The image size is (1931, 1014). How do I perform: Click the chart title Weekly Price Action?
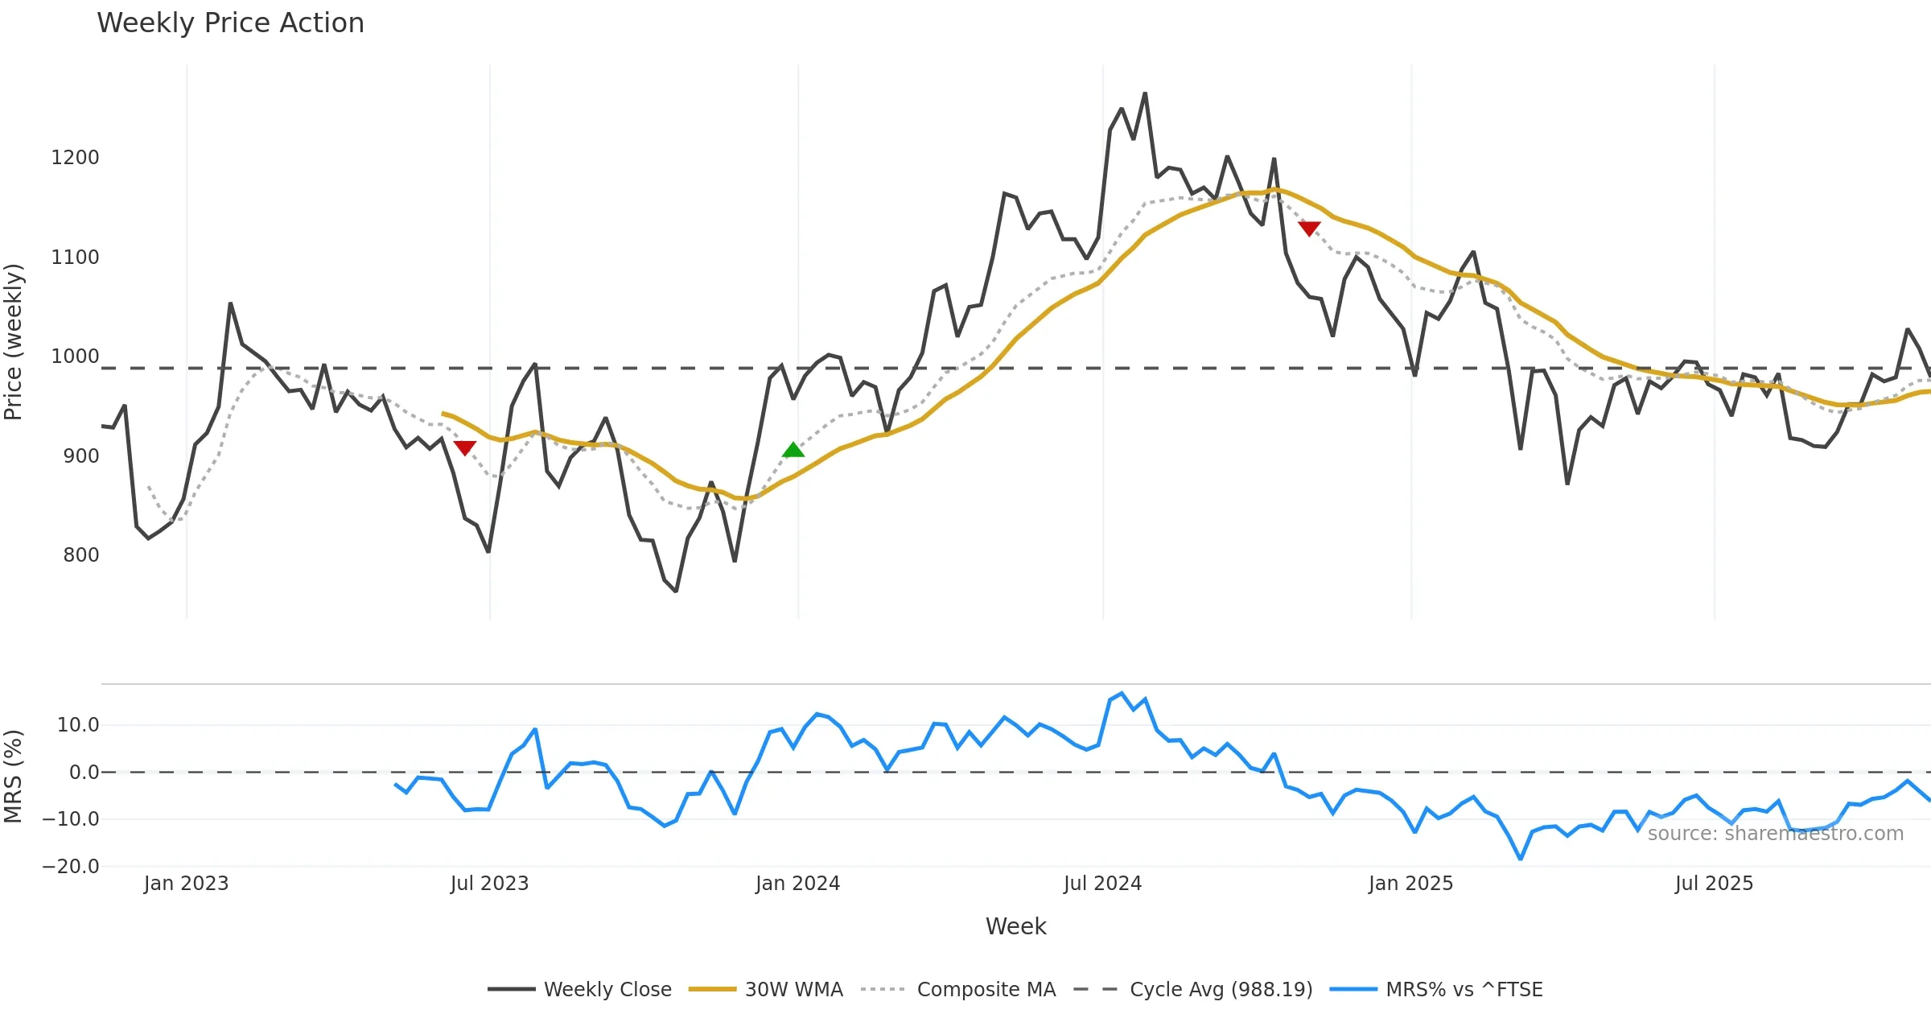[230, 23]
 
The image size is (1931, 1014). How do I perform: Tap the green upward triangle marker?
[793, 450]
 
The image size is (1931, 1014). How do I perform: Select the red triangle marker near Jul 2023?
[465, 447]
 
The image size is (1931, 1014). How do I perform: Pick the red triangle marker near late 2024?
[1309, 229]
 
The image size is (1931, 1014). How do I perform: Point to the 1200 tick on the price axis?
[75, 158]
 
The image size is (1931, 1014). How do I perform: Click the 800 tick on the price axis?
[81, 555]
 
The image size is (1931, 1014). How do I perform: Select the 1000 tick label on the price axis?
[75, 357]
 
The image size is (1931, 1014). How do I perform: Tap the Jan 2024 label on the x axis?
[797, 884]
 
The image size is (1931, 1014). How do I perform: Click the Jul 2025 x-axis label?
[1714, 884]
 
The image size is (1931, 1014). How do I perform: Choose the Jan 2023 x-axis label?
[187, 884]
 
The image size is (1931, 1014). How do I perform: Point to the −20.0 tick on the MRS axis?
[71, 867]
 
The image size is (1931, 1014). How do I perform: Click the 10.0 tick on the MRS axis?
[78, 725]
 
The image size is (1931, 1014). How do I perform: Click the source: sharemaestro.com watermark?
[1775, 834]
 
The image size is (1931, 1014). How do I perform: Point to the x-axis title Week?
[1015, 926]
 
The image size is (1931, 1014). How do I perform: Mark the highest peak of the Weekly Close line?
[1145, 93]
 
